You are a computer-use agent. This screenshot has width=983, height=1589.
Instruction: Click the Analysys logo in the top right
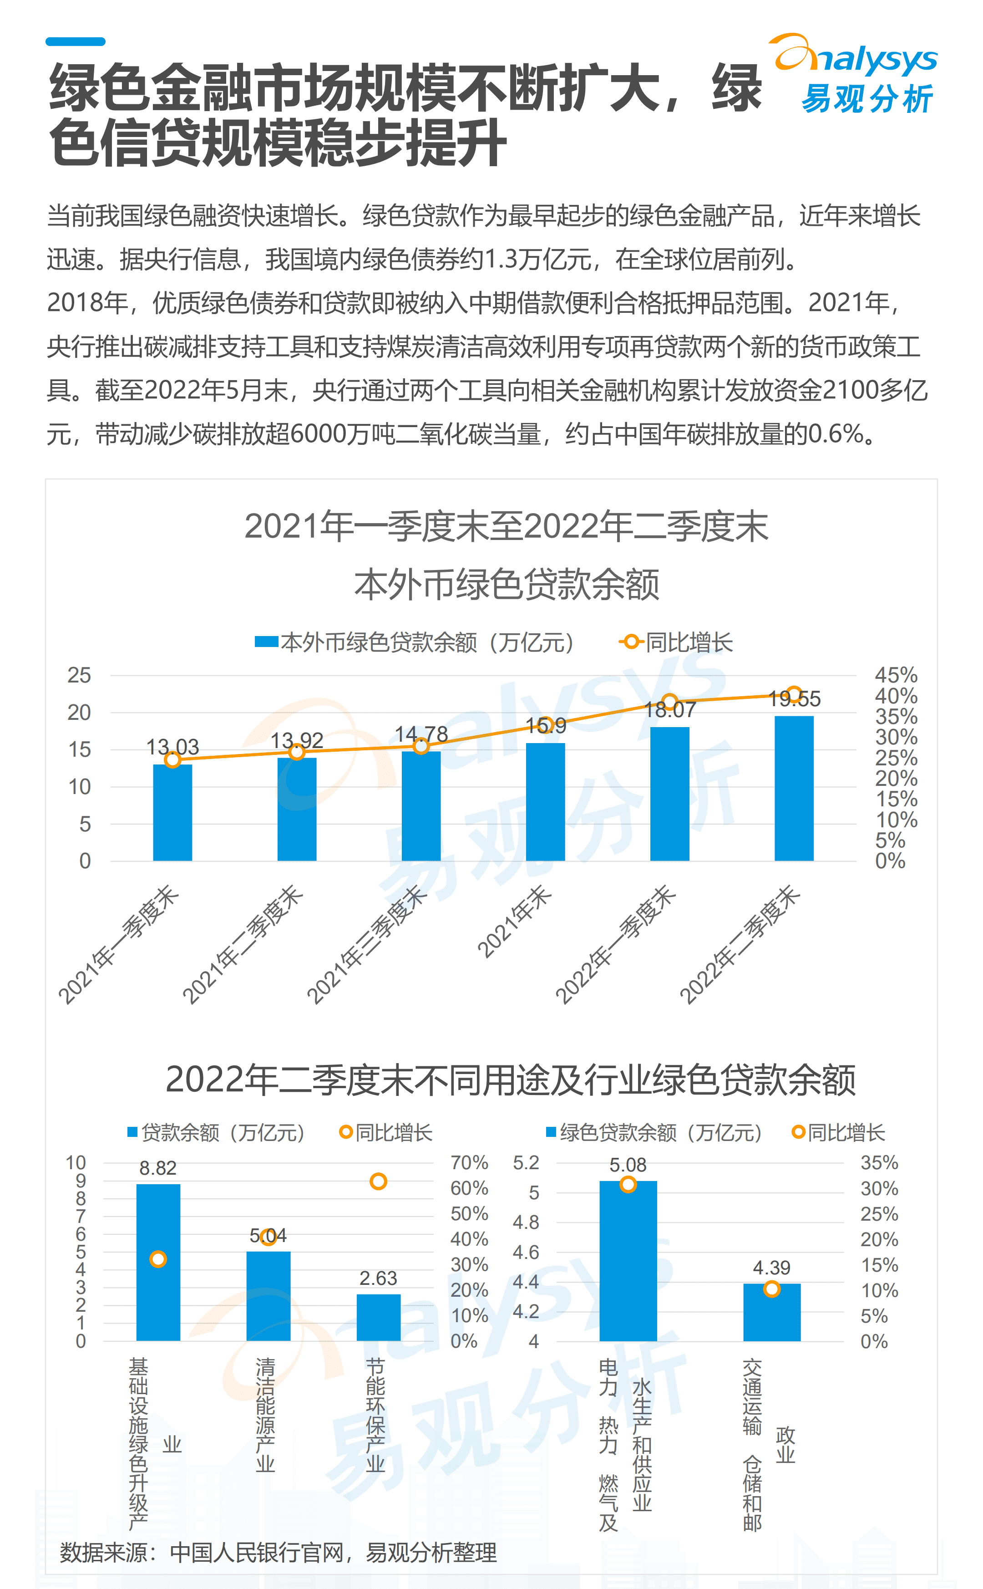(856, 73)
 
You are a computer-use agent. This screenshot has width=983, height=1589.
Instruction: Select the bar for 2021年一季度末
(172, 813)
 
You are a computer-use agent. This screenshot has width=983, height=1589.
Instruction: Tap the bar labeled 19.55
(794, 788)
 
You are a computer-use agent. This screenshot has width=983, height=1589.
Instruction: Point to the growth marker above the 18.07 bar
(669, 702)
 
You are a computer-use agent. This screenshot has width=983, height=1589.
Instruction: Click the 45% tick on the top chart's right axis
(896, 674)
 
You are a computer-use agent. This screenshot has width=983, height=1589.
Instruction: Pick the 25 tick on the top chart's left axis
(79, 675)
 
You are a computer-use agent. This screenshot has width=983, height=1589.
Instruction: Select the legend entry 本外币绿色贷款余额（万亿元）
(416, 642)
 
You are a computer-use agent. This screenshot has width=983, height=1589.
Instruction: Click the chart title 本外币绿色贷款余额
(507, 584)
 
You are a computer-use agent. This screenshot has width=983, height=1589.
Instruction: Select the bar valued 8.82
(158, 1262)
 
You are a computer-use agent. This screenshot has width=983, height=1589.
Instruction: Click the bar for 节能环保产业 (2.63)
(378, 1317)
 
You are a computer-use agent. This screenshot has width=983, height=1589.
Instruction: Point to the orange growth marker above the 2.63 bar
(378, 1181)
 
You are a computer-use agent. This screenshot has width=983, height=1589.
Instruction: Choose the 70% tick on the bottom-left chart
(469, 1162)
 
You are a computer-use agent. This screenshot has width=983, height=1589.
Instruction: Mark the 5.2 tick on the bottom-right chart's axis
(526, 1162)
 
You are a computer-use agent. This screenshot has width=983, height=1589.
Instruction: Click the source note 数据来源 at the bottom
(278, 1553)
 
